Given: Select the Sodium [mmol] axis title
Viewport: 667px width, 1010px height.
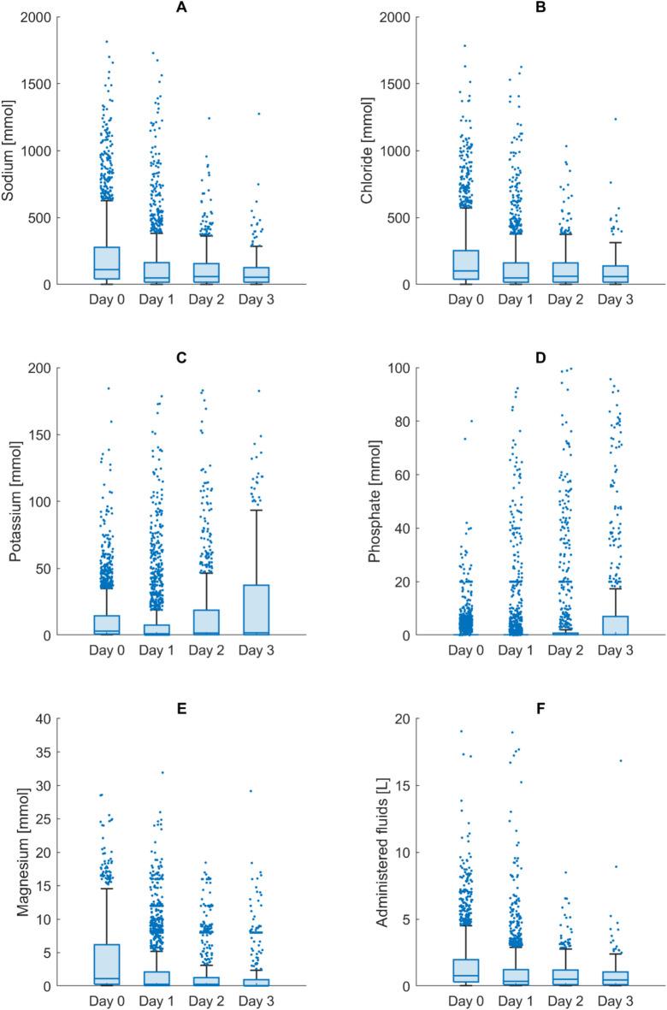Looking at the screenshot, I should click(11, 151).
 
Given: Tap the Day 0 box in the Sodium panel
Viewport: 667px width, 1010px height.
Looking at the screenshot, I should click(106, 263).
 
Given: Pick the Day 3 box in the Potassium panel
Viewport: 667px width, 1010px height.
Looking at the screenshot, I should click(255, 609).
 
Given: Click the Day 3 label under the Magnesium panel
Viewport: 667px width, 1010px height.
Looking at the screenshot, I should click(255, 1000).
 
